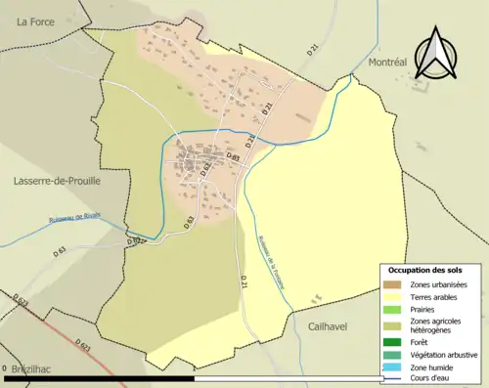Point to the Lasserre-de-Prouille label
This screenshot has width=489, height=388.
(57, 181)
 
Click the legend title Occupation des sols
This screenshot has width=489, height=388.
(426, 270)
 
